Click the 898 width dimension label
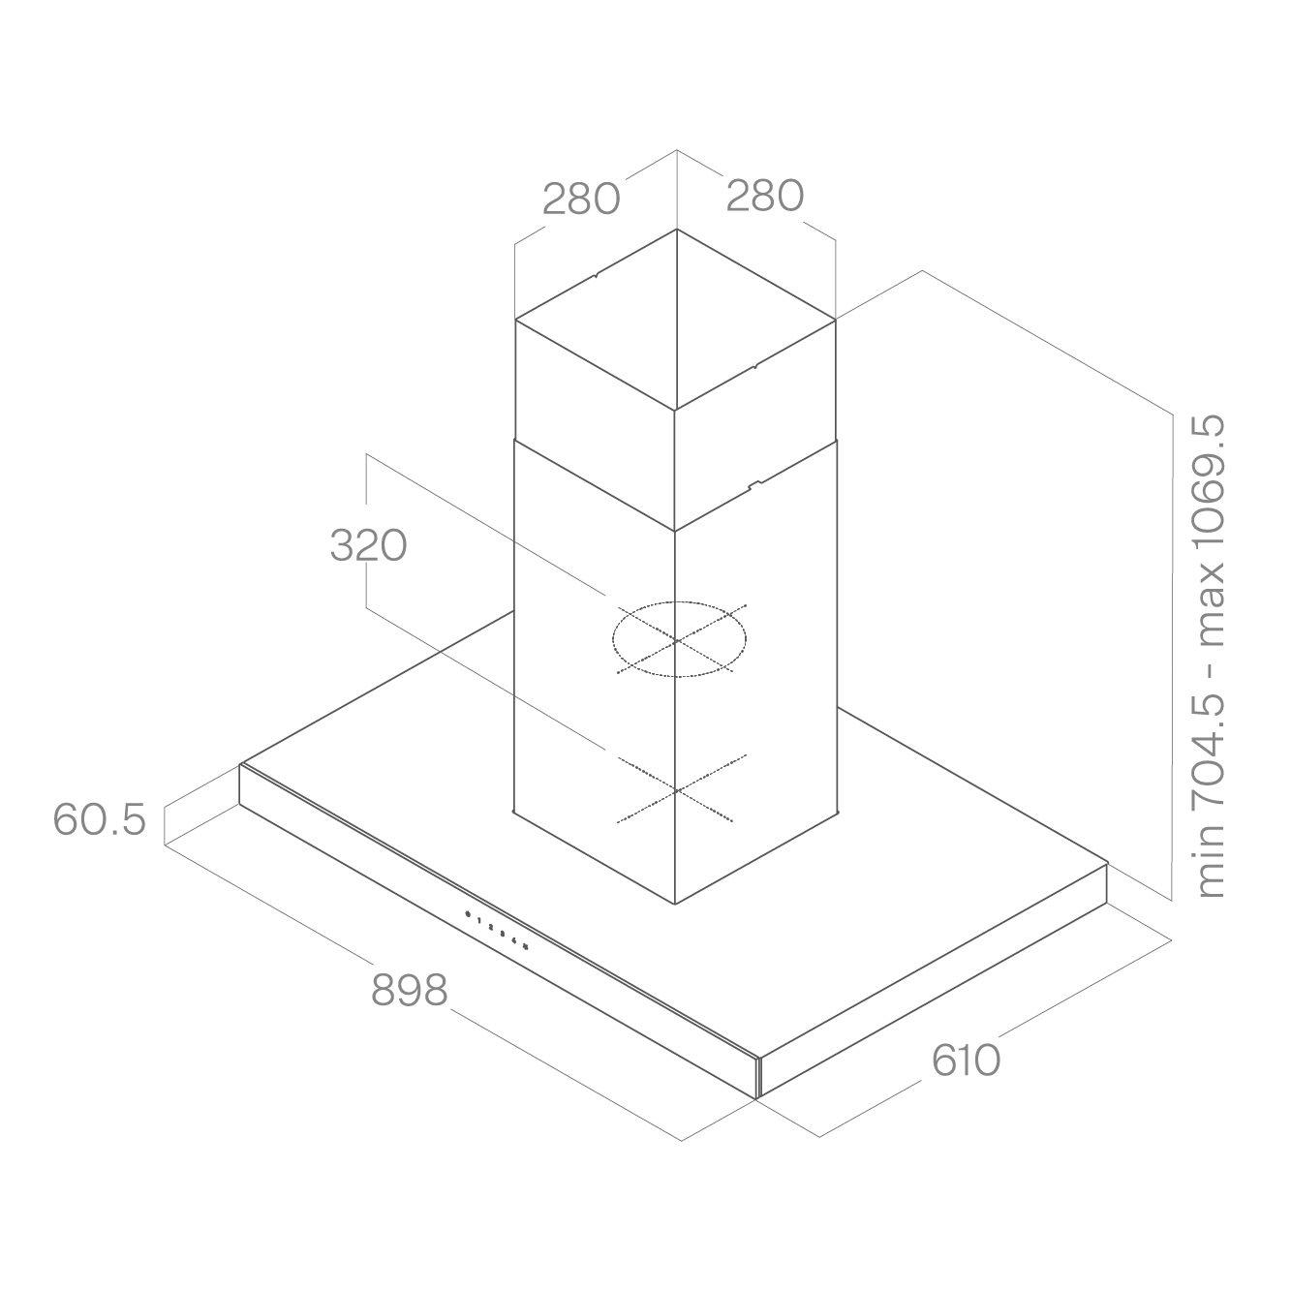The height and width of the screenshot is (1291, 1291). point(409,990)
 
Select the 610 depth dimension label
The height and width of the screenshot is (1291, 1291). point(966,1060)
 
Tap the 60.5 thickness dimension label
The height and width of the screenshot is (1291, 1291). point(99,819)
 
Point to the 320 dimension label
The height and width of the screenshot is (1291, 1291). point(368,545)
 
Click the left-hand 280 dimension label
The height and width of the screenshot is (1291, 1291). point(581,199)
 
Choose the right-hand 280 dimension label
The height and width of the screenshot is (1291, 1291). point(764,196)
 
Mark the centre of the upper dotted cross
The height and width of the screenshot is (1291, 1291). point(677,641)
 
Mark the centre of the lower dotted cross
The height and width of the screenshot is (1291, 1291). point(677,790)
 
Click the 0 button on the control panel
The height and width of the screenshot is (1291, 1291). point(467,914)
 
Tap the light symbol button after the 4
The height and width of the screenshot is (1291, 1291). point(527,946)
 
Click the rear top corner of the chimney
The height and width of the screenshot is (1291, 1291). point(677,230)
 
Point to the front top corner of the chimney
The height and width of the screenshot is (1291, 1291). point(675,410)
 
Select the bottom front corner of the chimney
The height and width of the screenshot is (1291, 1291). point(675,904)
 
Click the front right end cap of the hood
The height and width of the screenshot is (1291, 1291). point(759,1078)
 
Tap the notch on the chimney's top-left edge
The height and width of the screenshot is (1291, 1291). point(596,275)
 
